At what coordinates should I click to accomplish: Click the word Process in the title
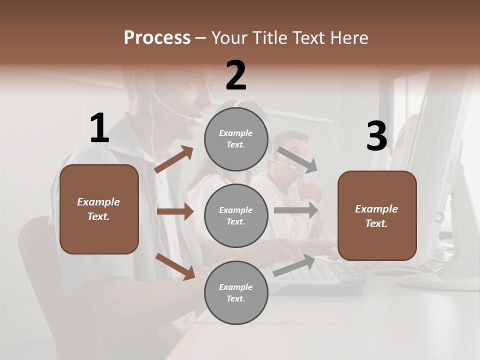click(x=157, y=38)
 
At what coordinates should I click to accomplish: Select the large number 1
click(x=99, y=128)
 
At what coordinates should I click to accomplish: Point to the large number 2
click(x=236, y=75)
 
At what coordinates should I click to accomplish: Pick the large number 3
click(x=376, y=136)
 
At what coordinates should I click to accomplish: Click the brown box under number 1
click(x=99, y=209)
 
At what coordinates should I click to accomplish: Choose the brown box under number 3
click(x=377, y=216)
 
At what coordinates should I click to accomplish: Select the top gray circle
click(x=236, y=139)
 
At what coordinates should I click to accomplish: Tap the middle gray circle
click(x=236, y=216)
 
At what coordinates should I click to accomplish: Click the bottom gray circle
click(x=236, y=293)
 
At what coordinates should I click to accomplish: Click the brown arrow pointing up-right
click(x=174, y=159)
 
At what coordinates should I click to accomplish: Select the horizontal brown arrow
click(x=175, y=211)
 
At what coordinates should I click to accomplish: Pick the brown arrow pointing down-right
click(x=175, y=266)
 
